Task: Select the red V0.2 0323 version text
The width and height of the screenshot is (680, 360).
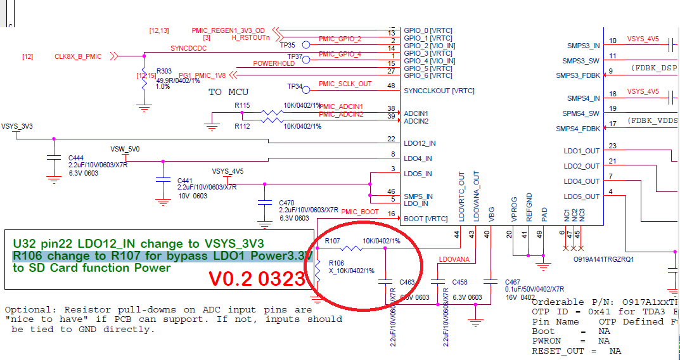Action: tap(258, 279)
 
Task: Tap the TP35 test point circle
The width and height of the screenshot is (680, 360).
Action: tap(305, 45)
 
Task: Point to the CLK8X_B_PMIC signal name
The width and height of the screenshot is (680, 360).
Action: tap(78, 56)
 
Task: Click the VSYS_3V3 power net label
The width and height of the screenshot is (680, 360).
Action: tap(17, 126)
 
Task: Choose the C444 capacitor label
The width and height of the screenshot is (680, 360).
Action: tap(76, 157)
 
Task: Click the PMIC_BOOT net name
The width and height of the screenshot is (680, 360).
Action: tap(360, 212)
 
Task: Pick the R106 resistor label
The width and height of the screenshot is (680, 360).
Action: tap(336, 263)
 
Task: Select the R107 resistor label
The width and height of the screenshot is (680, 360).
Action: tap(333, 241)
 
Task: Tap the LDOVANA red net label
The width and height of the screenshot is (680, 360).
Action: tap(454, 259)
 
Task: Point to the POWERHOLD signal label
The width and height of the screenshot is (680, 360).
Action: tap(274, 63)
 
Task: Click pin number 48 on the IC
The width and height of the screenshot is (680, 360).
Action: tap(391, 86)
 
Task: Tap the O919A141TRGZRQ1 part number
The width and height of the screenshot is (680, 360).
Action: tap(603, 259)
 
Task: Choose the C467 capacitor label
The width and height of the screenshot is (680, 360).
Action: tap(513, 282)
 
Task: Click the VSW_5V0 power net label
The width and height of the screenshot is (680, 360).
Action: tap(125, 149)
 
